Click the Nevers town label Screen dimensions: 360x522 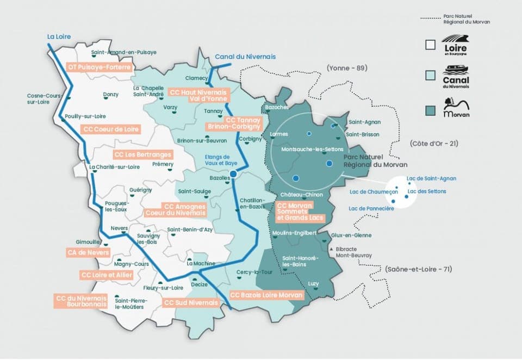click(119, 228)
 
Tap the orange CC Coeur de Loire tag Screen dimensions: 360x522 click(111, 129)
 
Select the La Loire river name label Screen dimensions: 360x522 click(59, 36)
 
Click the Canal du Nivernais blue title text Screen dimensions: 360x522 click(245, 57)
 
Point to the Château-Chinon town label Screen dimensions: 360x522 click(302, 195)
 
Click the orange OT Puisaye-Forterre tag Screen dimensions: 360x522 click(99, 67)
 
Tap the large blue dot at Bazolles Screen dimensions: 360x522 click(233, 174)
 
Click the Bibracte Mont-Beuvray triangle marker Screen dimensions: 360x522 click(332, 249)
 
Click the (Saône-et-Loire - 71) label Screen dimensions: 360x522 click(418, 269)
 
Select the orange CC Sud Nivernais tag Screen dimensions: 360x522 click(191, 303)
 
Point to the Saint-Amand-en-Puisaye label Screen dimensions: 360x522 click(124, 52)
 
